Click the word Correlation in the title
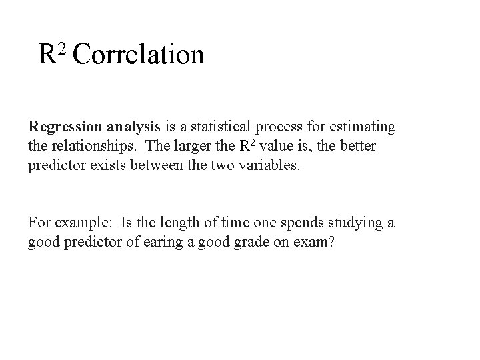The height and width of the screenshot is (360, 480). (x=138, y=55)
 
